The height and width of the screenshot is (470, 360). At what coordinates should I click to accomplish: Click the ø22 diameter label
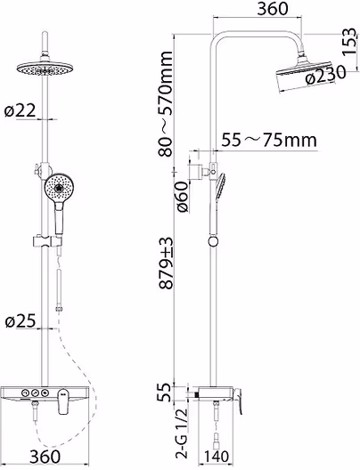(x=20, y=110)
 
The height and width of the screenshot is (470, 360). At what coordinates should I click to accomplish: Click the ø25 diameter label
(x=20, y=321)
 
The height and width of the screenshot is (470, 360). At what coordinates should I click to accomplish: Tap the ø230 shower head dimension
(x=325, y=76)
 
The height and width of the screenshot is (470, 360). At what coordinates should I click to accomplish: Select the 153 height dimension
(x=350, y=41)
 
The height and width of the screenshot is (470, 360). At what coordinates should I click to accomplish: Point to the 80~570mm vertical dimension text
(x=166, y=104)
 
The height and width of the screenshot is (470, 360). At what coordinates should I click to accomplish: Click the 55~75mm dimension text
(x=269, y=140)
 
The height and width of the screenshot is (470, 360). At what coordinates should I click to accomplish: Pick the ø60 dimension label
(x=182, y=197)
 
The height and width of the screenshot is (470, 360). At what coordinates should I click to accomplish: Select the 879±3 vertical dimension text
(x=166, y=263)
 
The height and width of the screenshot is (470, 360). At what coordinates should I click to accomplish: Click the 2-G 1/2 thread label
(x=182, y=434)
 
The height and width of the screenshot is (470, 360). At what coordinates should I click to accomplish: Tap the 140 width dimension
(x=216, y=457)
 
